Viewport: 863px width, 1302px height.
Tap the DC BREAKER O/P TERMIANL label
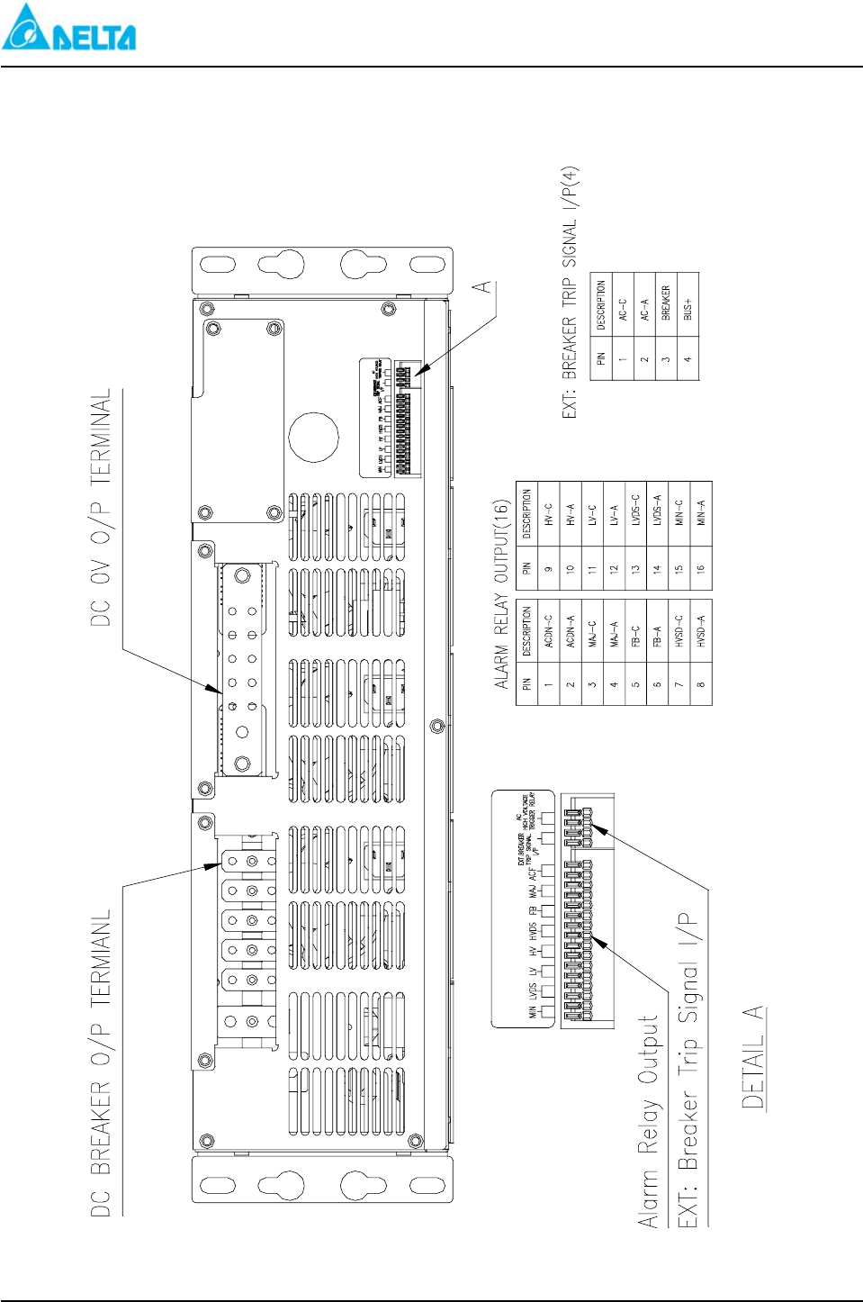[102, 1062]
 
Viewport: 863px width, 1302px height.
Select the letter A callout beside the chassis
[483, 286]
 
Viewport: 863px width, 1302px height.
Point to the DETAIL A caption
[753, 1057]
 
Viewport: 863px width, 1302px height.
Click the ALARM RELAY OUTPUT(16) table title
[502, 594]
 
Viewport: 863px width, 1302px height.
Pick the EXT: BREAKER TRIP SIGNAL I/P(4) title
[570, 293]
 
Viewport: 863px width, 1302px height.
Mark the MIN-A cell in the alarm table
[701, 513]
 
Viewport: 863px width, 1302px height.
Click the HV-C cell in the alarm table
[548, 513]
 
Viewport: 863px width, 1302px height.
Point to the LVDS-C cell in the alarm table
[635, 511]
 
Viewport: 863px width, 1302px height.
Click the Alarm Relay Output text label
[649, 1122]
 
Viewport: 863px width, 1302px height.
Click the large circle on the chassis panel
[313, 437]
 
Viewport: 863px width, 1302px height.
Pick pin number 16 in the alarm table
[701, 568]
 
